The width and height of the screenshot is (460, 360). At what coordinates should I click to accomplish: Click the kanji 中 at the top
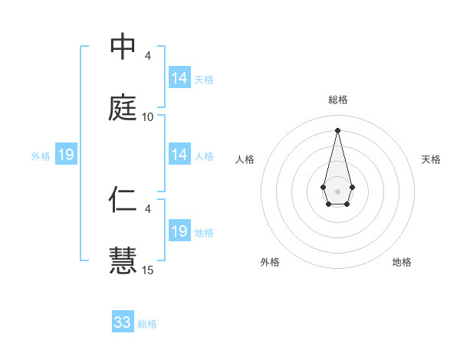[x=123, y=47]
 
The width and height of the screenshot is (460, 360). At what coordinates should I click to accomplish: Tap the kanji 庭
[x=123, y=108]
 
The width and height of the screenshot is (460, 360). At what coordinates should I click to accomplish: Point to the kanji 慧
[x=123, y=260]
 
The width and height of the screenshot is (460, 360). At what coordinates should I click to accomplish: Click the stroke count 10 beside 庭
[x=148, y=117]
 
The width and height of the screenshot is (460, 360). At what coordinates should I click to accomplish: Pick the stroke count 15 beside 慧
[x=148, y=270]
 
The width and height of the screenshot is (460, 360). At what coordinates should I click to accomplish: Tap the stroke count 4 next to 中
[x=148, y=56]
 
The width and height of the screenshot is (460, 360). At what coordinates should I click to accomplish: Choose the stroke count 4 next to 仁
[x=148, y=208]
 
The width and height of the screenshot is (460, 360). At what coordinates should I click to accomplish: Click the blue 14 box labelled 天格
[x=179, y=78]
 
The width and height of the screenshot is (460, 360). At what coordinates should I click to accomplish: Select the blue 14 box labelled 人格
[x=179, y=155]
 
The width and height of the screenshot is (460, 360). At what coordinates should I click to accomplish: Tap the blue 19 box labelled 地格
[x=179, y=231]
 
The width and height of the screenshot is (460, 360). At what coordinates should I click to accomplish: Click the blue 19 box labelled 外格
[x=66, y=155]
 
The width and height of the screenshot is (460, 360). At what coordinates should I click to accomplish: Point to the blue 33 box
[x=123, y=322]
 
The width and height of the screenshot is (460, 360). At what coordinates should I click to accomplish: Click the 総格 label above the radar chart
[x=337, y=100]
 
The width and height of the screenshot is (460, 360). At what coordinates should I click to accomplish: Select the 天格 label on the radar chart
[x=431, y=159]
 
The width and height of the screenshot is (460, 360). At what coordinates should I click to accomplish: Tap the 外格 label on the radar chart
[x=270, y=262]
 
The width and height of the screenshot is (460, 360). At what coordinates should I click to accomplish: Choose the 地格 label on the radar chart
[x=402, y=262]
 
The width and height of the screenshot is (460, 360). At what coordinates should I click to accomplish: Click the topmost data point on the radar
[x=337, y=129]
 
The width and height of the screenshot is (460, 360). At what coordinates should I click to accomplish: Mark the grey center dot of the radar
[x=337, y=190]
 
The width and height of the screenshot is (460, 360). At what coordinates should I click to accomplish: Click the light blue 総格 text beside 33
[x=147, y=324]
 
